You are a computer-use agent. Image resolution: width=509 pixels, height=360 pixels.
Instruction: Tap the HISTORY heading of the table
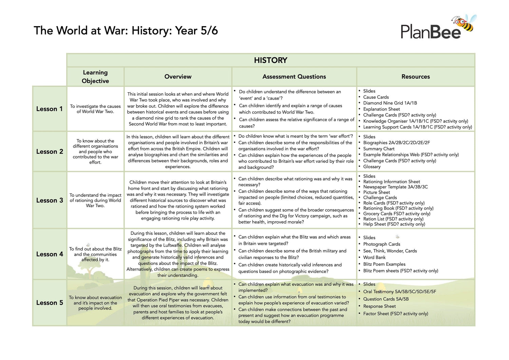point(270,60)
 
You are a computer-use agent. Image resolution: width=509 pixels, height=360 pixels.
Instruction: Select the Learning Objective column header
point(95,77)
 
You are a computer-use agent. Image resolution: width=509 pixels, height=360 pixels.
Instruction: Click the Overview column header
point(178,77)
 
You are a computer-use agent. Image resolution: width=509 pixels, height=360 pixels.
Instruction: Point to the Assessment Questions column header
point(294,77)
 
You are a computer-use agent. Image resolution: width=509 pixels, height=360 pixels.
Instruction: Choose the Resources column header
point(415,77)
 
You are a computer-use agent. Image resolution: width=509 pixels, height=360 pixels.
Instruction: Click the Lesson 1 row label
point(50,109)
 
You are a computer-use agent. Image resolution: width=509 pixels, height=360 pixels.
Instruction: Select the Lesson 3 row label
point(50,200)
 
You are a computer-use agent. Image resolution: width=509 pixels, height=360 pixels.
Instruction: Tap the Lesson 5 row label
point(50,303)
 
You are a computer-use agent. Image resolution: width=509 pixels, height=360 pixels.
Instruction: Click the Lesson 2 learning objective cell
point(95,151)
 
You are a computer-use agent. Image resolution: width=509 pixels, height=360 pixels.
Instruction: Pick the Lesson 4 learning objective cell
point(95,254)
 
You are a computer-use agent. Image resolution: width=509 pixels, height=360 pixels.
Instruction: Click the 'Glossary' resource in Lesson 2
point(372,167)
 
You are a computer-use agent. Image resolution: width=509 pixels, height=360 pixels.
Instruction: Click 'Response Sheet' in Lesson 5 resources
point(379,306)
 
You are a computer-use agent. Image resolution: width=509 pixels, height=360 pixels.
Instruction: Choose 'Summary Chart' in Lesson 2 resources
point(379,149)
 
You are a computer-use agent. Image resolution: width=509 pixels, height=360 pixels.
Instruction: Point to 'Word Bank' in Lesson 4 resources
point(374,257)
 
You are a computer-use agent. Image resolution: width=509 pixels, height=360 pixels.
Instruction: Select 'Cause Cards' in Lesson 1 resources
point(376,97)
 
